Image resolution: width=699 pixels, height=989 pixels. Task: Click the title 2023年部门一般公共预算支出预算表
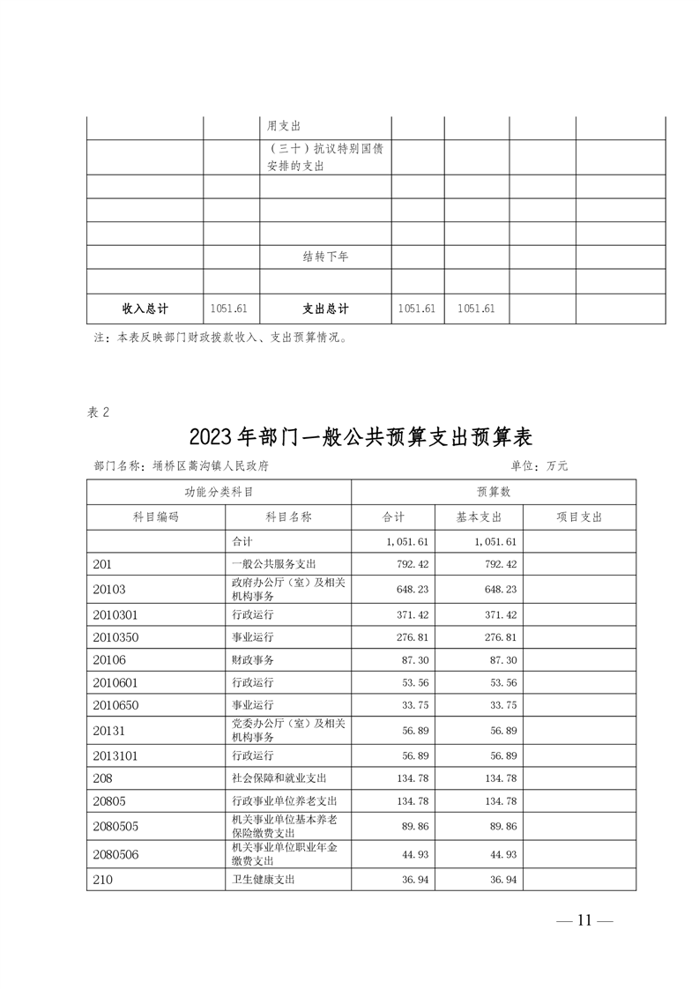point(361,437)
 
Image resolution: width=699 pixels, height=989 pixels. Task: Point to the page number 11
point(584,921)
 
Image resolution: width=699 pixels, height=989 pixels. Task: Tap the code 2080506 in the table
point(115,854)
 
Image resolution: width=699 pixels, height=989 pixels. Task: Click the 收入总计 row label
point(145,309)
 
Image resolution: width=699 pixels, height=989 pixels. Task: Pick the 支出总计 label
point(325,309)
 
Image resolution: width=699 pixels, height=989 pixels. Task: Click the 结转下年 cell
point(325,257)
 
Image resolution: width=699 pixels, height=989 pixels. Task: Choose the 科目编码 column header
point(156,517)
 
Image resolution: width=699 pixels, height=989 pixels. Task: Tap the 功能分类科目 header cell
point(219,492)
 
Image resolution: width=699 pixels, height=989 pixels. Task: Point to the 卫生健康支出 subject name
point(262,879)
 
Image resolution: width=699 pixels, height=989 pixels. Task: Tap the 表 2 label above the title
point(99,412)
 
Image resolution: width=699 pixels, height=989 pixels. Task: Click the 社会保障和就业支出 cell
point(279,778)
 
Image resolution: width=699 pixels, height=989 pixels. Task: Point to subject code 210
point(102,879)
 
